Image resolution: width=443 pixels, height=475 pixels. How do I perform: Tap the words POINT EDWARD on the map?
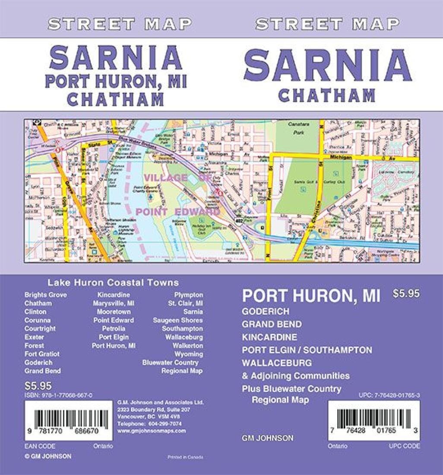pos(178,212)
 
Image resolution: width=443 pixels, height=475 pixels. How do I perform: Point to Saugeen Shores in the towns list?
pos(178,320)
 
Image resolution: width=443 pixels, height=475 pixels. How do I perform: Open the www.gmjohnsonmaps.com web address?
pos(152,431)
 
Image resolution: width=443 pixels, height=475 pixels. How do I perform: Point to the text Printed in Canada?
pos(185,457)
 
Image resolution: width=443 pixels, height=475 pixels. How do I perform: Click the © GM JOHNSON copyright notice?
pos(48,456)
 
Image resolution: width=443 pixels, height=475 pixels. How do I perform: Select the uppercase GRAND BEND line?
pos(272,324)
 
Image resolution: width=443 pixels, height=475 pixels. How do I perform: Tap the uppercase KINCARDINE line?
pos(270,337)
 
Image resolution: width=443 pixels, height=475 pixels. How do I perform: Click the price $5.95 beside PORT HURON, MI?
pos(406,294)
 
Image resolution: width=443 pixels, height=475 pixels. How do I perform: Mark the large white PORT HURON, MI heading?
pos(311,296)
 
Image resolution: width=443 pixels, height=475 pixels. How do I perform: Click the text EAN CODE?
pos(40,446)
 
